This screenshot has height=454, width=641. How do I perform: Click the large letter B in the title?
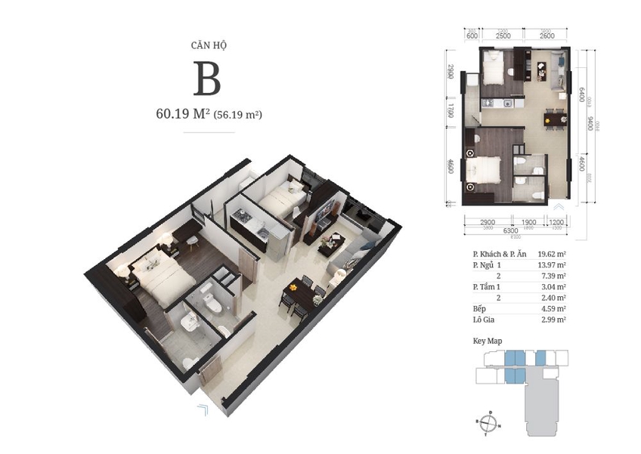[x=206, y=79]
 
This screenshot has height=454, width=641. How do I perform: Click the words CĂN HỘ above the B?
[x=206, y=45]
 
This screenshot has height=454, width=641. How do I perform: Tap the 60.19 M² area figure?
[x=181, y=115]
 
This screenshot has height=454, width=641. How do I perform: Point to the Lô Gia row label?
[x=476, y=320]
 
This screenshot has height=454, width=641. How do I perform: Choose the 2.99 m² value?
[x=552, y=320]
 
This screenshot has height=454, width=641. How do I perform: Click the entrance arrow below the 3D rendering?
[x=203, y=410]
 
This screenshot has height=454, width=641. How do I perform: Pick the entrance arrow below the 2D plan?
[x=559, y=206]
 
